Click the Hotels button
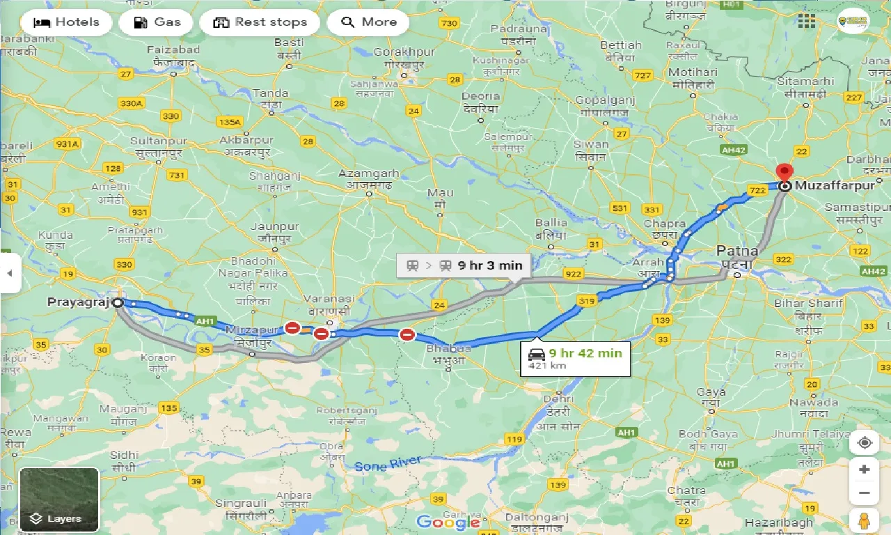point(66,22)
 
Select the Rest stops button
point(260,22)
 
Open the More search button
point(368,22)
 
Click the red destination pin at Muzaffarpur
point(784,173)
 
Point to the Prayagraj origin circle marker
point(118,302)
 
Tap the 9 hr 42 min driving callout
point(575,358)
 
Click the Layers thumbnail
point(59,499)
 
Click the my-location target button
point(865,442)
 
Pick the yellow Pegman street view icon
point(865,519)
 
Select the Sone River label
point(387,464)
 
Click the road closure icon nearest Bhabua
point(407,335)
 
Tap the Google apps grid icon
point(806,21)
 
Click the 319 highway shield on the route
point(586,301)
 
